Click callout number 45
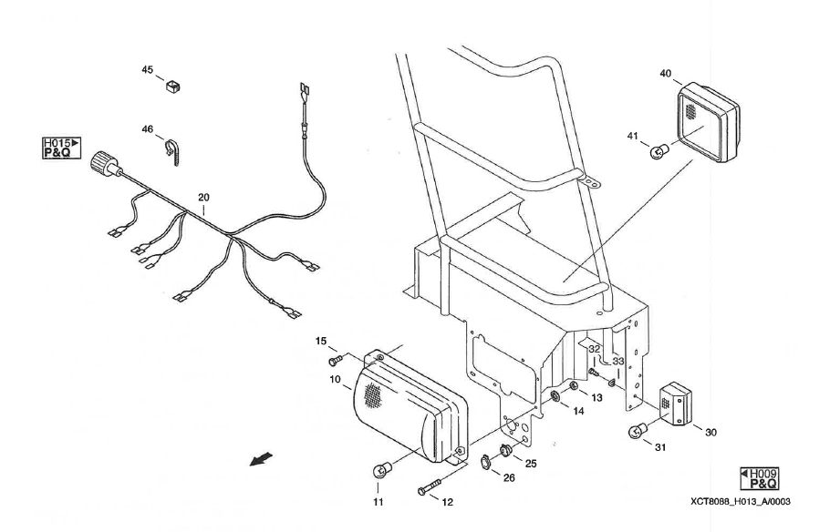pos(148,70)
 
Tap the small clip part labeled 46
pos(171,151)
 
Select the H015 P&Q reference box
pos(61,148)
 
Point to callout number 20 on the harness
pos(203,198)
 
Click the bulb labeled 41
pos(659,151)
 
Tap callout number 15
pos(320,341)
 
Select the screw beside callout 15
pos(336,362)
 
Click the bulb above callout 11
pos(381,471)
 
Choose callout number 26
pos(508,477)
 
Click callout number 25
pos(530,464)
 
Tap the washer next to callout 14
pos(555,396)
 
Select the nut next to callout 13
pos(573,386)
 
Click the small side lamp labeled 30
pos(675,404)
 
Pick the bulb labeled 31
pos(638,431)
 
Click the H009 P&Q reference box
pos(760,478)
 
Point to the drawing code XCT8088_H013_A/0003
pos(740,502)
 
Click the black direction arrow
pos(262,459)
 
